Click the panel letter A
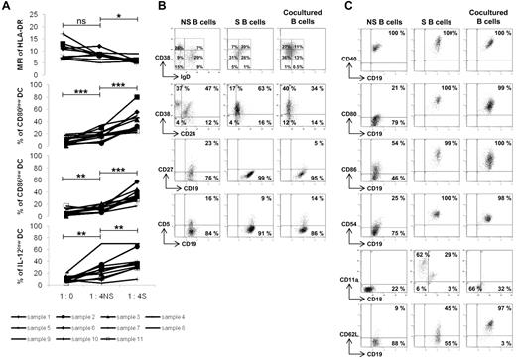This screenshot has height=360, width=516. click(6, 7)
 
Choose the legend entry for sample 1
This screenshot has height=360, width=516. click(43, 312)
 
